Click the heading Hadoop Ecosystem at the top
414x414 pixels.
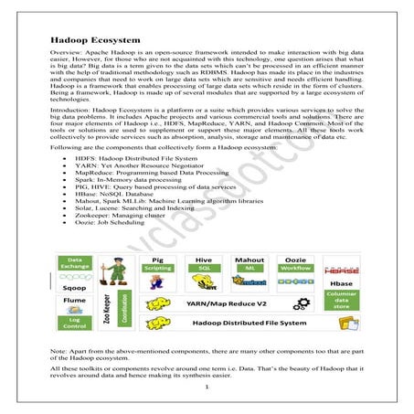pos(90,41)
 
